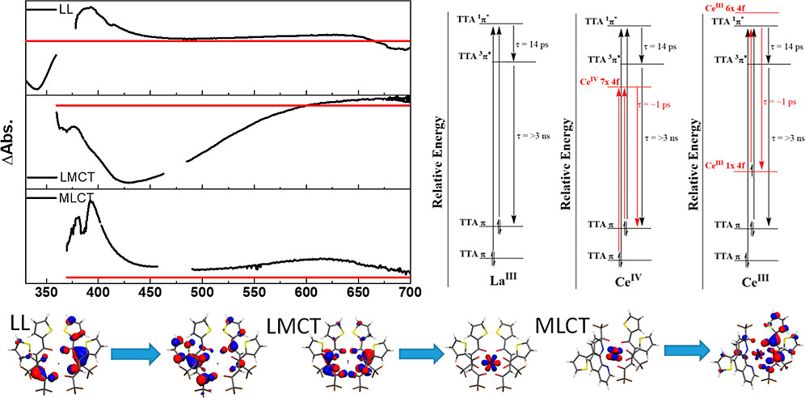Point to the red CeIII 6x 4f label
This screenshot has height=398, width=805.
click(x=733, y=7)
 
